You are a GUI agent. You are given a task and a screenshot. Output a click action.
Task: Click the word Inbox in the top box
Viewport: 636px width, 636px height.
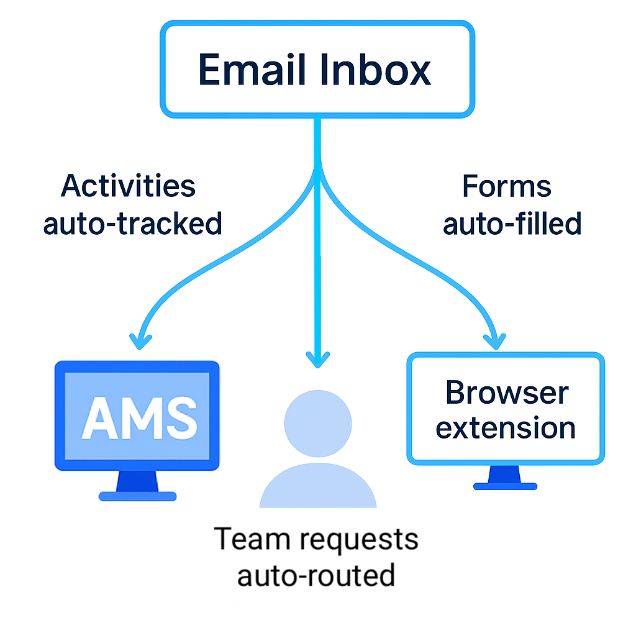376,70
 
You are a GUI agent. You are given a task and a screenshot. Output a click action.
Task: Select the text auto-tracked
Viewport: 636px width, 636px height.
132,223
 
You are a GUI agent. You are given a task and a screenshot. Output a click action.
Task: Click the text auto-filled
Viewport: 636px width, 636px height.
512,223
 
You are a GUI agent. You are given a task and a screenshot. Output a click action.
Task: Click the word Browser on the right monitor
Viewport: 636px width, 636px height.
506,393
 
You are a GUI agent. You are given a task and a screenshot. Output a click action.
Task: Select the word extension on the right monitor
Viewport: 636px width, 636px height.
506,428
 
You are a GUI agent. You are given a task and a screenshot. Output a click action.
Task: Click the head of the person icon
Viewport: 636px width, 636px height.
317,423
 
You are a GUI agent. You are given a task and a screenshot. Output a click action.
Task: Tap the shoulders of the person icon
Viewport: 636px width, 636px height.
317,488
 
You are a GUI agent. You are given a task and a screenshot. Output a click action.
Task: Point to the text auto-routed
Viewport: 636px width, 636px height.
316,575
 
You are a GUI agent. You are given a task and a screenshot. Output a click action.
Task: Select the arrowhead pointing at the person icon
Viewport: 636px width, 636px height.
317,358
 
